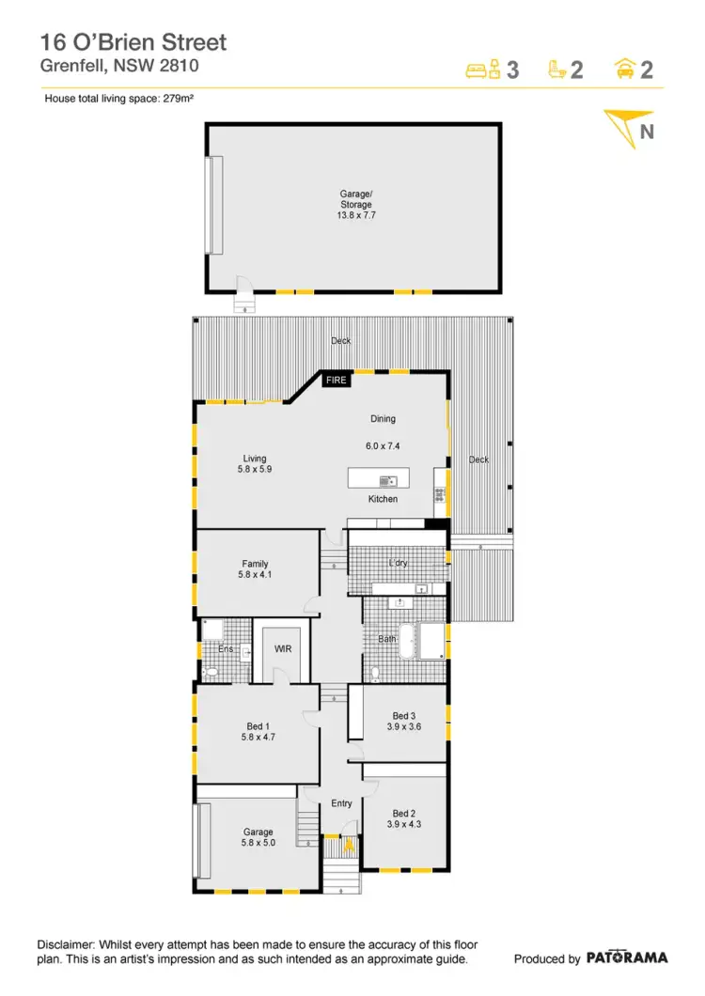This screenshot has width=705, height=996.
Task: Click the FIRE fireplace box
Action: point(336,381)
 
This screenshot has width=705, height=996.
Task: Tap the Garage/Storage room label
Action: point(355,199)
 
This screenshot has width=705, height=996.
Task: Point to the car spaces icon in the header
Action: point(624,69)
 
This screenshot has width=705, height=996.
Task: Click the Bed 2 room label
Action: point(403,813)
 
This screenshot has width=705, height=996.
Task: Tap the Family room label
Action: point(255,565)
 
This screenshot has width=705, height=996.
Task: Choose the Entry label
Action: point(341,803)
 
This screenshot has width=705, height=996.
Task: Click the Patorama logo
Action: point(627,957)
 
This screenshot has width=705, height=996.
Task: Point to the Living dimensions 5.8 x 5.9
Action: point(255,469)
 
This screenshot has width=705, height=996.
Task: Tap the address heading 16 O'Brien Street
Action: point(133,42)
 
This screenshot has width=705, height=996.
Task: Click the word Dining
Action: point(383,419)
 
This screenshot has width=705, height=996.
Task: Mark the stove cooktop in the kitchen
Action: point(438,492)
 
